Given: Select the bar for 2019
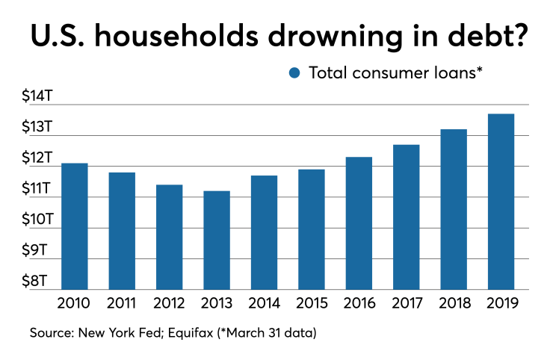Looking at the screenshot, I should pos(501,202).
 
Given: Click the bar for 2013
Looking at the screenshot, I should pos(217,240).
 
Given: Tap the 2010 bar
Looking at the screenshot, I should pos(75,226).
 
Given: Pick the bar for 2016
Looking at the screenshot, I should pos(359,223).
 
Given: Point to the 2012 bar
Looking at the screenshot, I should pos(170,237).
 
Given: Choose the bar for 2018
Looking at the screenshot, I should pos(454,209).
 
